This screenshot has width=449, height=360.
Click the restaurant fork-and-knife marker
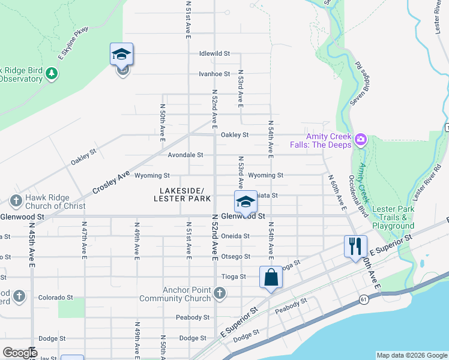click(x=355, y=246)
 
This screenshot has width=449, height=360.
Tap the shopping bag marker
click(x=271, y=278)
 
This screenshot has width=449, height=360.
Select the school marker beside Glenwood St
click(x=245, y=202)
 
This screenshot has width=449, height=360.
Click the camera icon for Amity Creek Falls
click(x=361, y=140)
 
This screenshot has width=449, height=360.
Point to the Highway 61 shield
click(x=364, y=299)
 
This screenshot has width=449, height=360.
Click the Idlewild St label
click(x=215, y=53)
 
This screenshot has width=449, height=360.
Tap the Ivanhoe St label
click(x=215, y=74)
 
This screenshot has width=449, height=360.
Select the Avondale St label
click(x=185, y=155)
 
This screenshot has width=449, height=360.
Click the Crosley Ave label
click(x=112, y=181)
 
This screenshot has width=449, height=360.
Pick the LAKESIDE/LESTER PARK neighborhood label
click(x=182, y=194)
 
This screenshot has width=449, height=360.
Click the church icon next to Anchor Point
click(x=220, y=293)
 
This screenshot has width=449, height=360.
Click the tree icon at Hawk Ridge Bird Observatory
click(x=52, y=73)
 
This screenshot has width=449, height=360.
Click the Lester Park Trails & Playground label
click(x=393, y=217)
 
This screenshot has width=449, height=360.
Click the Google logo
click(x=20, y=353)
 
